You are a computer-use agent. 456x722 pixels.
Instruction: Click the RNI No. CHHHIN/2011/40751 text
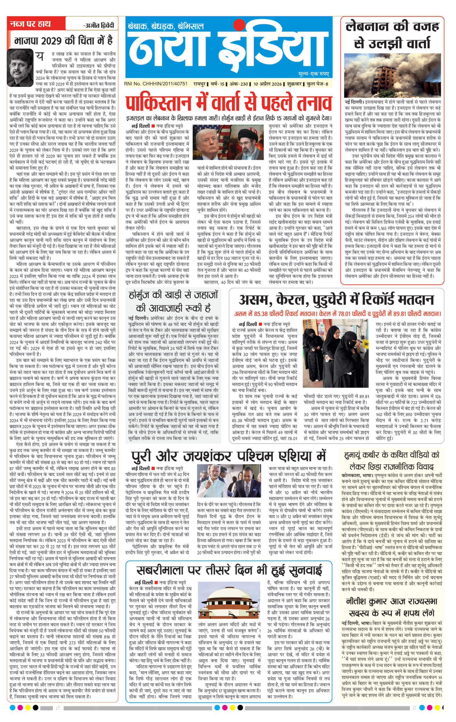click(x=156, y=84)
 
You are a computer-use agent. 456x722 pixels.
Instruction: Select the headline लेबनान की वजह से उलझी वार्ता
click(x=392, y=35)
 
